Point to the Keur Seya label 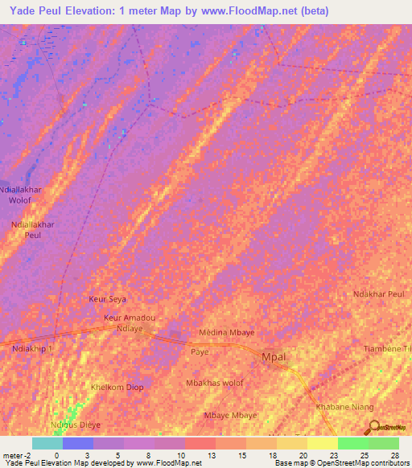click(108, 298)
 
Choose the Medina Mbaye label click(227, 333)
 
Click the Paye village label click(200, 352)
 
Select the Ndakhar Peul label click(378, 294)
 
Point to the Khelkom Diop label click(117, 387)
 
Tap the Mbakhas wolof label click(215, 384)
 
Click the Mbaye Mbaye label click(230, 415)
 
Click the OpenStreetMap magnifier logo click(373, 427)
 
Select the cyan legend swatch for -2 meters click(47, 443)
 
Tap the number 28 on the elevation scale click(394, 455)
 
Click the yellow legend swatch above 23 click(323, 443)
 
